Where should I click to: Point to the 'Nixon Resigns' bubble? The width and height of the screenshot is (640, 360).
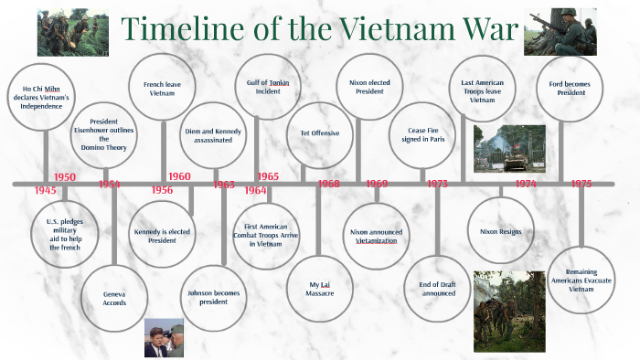pyautogui.click(x=500, y=232)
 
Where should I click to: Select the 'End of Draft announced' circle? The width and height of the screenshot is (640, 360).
pyautogui.click(x=437, y=289)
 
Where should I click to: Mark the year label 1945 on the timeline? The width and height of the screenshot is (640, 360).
pyautogui.click(x=45, y=190)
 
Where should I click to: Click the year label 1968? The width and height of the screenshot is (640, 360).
pyautogui.click(x=328, y=185)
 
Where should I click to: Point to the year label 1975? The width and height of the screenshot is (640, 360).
pyautogui.click(x=581, y=185)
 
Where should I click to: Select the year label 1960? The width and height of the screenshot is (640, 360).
pyautogui.click(x=179, y=176)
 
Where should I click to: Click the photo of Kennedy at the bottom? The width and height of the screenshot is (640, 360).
pyautogui.click(x=164, y=337)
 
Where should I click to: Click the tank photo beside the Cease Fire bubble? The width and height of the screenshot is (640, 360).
pyautogui.click(x=508, y=149)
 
